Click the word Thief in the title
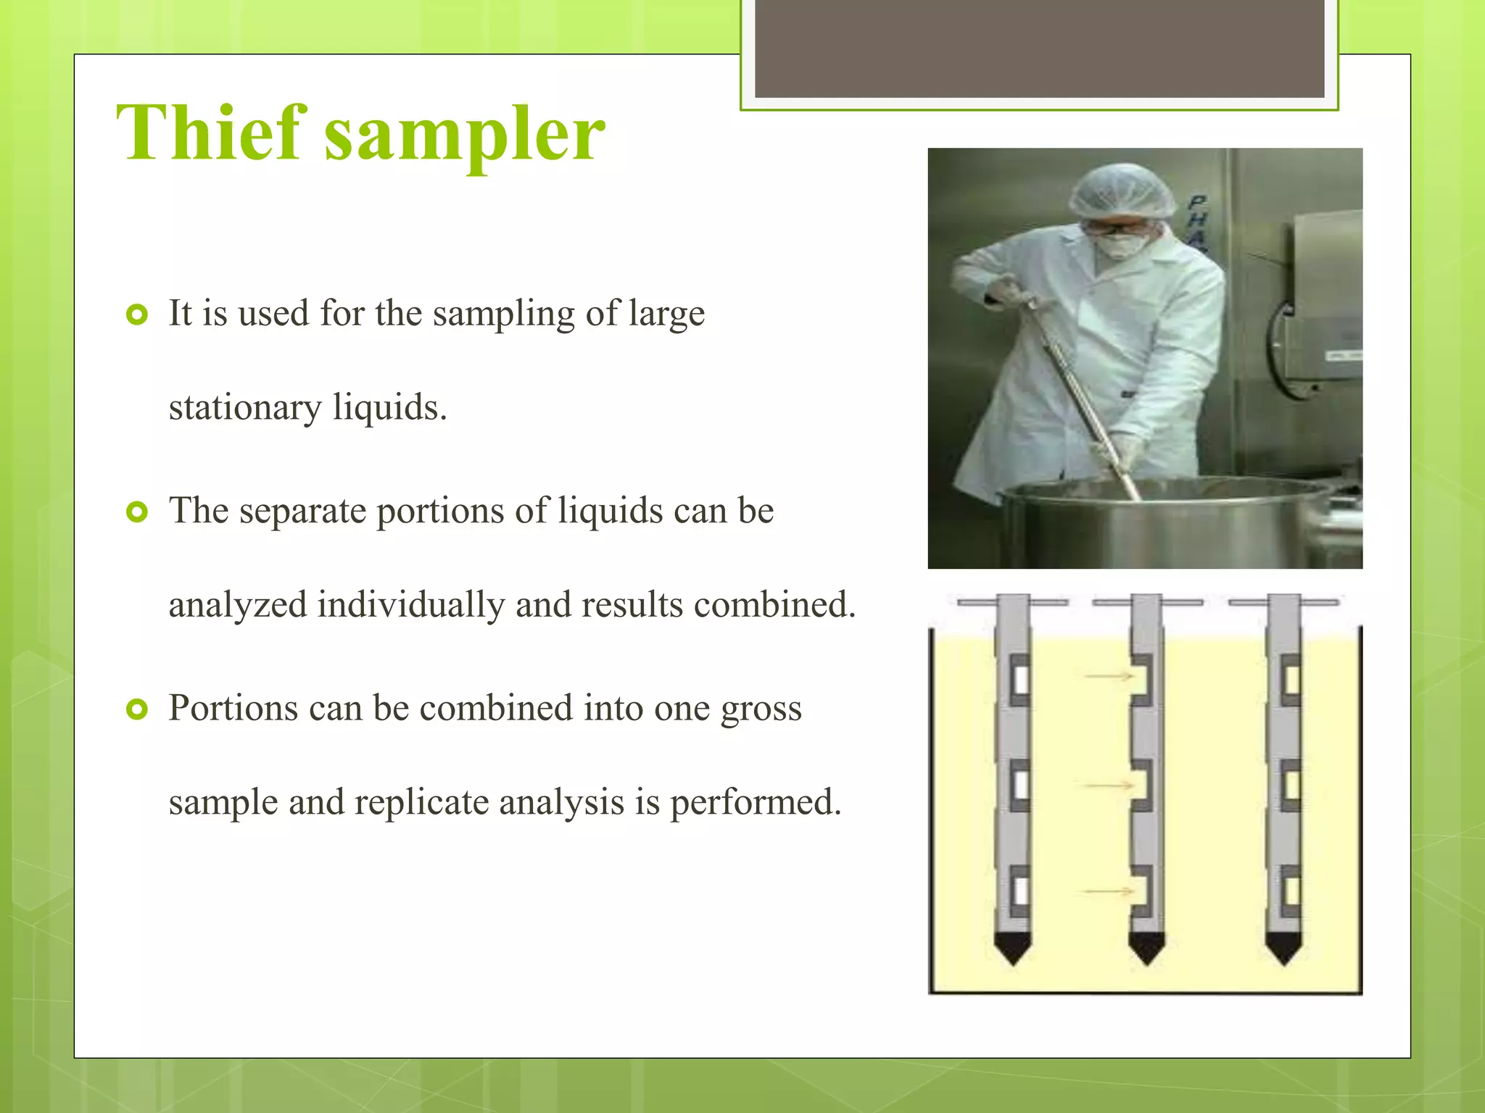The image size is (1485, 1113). click(x=211, y=134)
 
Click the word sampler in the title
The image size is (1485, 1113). click(x=464, y=138)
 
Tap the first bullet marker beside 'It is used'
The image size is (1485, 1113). click(x=136, y=314)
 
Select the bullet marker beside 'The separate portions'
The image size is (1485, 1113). click(x=136, y=512)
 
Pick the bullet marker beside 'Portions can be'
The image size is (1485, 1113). click(x=136, y=709)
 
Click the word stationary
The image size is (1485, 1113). click(x=245, y=408)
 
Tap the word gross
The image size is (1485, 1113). click(x=761, y=709)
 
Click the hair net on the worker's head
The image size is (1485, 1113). click(x=1122, y=190)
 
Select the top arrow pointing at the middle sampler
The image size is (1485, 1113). click(x=1108, y=677)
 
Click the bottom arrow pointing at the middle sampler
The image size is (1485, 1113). click(x=1108, y=891)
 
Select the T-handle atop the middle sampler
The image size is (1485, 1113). click(x=1147, y=602)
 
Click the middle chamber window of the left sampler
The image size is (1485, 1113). click(x=1020, y=785)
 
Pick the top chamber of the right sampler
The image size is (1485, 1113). click(x=1291, y=680)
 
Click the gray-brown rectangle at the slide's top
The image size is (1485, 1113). click(x=1039, y=48)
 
